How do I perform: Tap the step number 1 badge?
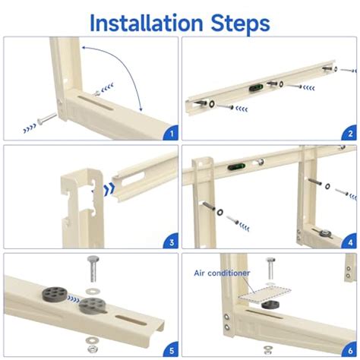pos(170,134)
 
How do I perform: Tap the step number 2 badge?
pos(350,134)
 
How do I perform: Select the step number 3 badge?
pos(170,242)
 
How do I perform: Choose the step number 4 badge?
pos(350,242)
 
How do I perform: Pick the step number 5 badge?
pos(170,350)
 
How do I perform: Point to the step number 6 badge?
pos(350,350)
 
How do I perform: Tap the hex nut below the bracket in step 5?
pos(92,349)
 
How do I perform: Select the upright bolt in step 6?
pos(268,269)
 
